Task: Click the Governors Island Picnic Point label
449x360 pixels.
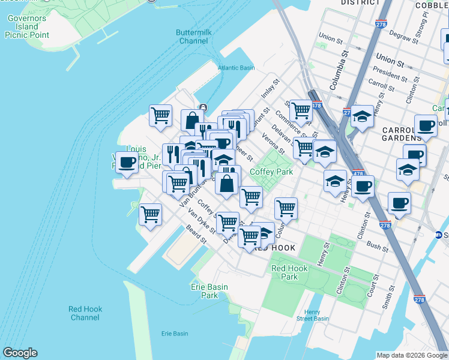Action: pos(26,27)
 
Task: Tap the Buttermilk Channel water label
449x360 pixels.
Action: pos(193,37)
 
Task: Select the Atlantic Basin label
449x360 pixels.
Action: pos(236,68)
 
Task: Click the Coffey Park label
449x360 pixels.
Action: pos(271,172)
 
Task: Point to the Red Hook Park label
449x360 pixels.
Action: pos(285,273)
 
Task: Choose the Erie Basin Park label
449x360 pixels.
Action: pos(209,291)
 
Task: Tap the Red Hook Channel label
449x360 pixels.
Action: pos(85,313)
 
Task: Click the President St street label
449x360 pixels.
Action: pos(390,76)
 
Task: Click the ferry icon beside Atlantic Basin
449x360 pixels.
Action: pos(203,107)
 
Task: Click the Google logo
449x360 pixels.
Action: pos(20,353)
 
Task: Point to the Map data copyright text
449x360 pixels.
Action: pos(412,355)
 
